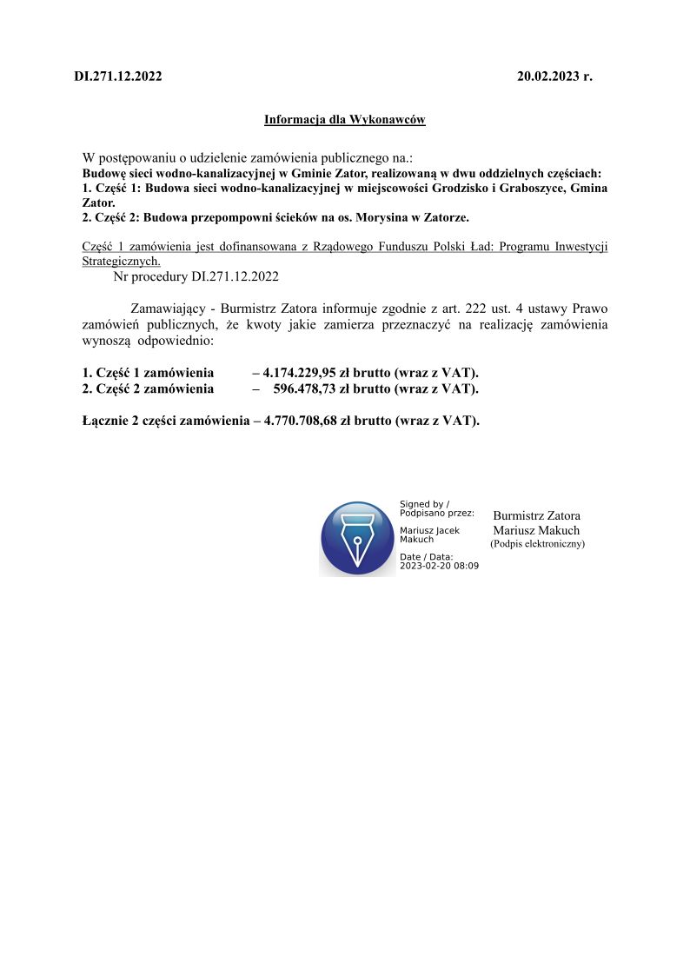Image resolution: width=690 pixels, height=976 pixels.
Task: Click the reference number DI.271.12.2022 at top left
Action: pyautogui.click(x=118, y=76)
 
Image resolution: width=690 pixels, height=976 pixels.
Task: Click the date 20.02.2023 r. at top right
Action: pyautogui.click(x=554, y=76)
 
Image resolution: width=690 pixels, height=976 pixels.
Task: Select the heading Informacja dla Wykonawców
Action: pyautogui.click(x=345, y=120)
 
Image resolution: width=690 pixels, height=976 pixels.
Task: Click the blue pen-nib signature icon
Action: pyautogui.click(x=357, y=538)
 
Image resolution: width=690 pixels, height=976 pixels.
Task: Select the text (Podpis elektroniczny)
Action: pyautogui.click(x=537, y=544)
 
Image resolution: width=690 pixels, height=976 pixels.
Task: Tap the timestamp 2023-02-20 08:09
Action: pyautogui.click(x=439, y=566)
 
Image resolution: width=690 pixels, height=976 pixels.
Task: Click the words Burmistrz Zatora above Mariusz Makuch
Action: pyautogui.click(x=536, y=516)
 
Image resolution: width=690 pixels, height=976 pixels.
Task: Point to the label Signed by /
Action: pyautogui.click(x=424, y=504)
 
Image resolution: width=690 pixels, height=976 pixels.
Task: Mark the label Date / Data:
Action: pyautogui.click(x=426, y=557)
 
